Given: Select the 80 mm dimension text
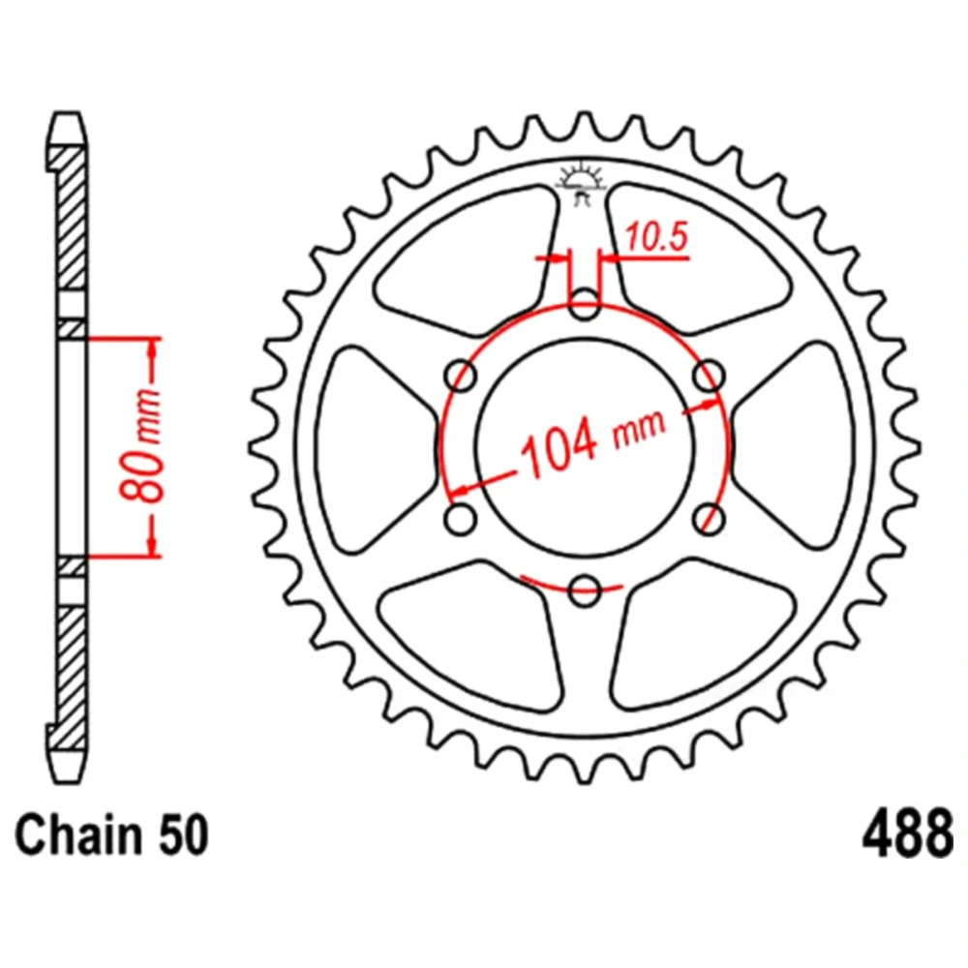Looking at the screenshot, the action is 140,445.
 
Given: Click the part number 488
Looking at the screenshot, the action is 907,834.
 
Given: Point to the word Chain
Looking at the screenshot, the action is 70,834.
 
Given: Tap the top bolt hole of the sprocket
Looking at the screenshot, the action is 584,304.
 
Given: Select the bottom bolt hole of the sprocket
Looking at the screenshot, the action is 584,590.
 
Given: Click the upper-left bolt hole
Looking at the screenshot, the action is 461,375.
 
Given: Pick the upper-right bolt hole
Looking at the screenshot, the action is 709,375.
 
